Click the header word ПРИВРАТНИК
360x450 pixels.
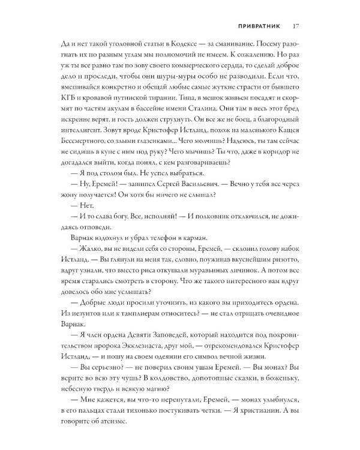coord(254,26)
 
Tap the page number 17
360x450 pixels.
coord(296,26)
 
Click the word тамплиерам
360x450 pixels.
coord(142,365)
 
